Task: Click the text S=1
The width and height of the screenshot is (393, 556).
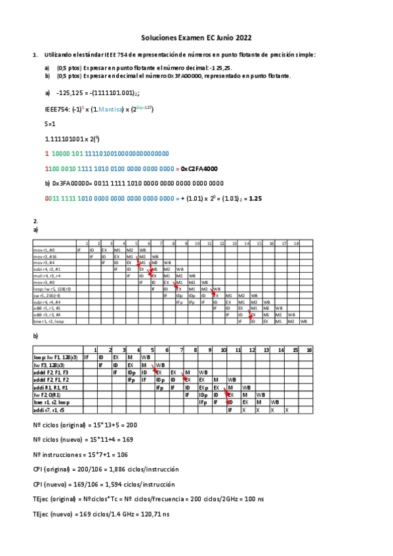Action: pyautogui.click(x=50, y=124)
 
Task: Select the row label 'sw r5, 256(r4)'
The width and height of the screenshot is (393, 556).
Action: pyautogui.click(x=46, y=295)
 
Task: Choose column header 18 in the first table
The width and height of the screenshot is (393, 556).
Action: pyautogui.click(x=296, y=243)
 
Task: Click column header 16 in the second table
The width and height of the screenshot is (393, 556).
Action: pyautogui.click(x=309, y=349)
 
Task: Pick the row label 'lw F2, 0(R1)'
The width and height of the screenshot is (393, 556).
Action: pyautogui.click(x=49, y=395)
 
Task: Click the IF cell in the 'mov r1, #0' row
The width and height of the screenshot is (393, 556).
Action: pyautogui.click(x=79, y=250)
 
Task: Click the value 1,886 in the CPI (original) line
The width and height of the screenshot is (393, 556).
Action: pyautogui.click(x=110, y=469)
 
